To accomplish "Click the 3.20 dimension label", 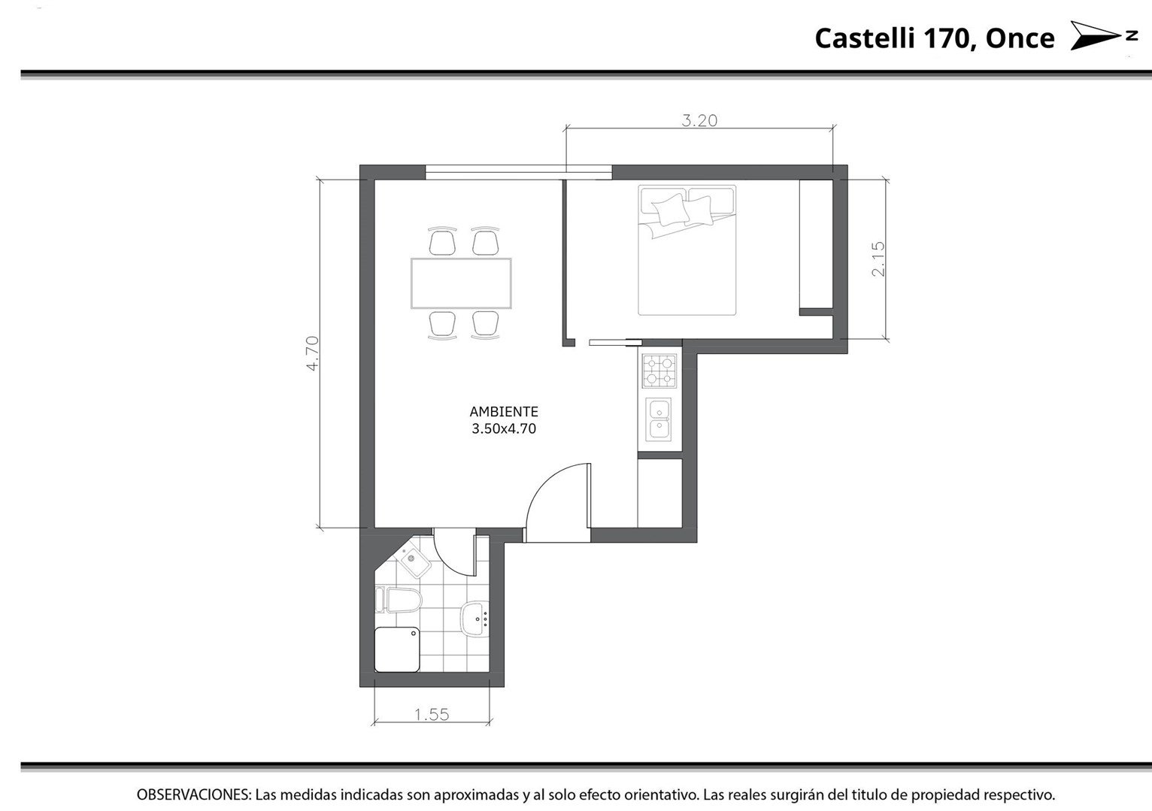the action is (699, 120).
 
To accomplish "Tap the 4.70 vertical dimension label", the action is (313, 353).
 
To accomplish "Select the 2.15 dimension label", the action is (878, 259).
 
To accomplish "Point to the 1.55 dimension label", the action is (432, 715).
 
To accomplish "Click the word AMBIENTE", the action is (504, 412).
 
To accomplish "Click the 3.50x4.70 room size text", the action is (504, 428).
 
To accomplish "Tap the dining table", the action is (461, 283).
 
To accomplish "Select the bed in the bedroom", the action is (687, 250).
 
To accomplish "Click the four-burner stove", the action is (659, 371).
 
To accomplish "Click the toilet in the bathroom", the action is (399, 600).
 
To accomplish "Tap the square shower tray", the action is (397, 649).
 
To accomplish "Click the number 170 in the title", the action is (950, 39).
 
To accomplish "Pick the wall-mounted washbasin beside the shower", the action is (474, 619).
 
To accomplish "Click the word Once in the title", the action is (1020, 38).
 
